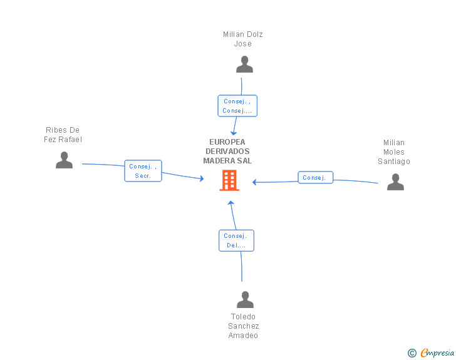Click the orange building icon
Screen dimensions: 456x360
coord(229,180)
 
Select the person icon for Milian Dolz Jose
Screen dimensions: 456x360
coord(244,64)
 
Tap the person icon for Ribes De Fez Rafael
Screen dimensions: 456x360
coord(64,160)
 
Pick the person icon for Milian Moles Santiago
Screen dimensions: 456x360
coord(395,182)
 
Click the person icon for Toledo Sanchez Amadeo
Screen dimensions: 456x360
coord(245,299)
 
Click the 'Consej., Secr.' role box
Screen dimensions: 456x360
coord(143,171)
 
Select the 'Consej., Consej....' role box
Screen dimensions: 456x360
coord(237,106)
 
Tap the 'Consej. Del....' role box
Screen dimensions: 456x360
coord(236,240)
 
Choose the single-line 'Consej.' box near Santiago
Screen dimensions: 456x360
coord(316,177)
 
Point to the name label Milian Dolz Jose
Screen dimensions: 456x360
coord(243,39)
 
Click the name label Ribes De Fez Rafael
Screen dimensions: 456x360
coord(63,135)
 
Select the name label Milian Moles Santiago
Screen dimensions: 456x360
coord(394,152)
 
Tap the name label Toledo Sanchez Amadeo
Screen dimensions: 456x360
coord(244,326)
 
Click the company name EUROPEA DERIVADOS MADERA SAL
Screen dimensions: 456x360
coord(227,152)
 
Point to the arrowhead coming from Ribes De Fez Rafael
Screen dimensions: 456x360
coord(202,178)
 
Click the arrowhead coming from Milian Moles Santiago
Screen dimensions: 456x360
coord(254,182)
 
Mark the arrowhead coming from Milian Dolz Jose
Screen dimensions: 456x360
coord(234,133)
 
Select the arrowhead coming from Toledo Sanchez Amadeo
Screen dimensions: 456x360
coord(231,203)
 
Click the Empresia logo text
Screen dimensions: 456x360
coord(437,352)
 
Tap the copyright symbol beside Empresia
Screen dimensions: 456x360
coord(412,353)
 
